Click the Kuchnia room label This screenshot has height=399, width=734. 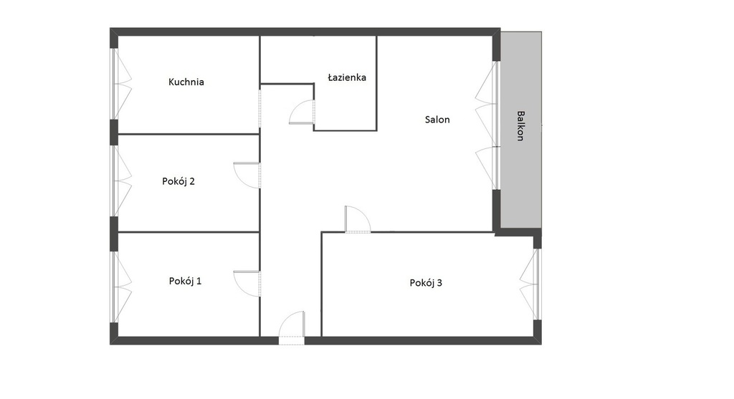(x=186, y=82)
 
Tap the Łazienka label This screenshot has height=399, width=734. (x=347, y=77)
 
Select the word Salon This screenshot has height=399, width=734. (x=437, y=120)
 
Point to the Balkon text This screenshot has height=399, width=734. (x=520, y=126)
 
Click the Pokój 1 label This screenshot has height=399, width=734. (x=186, y=281)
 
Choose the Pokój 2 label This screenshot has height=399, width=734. (x=178, y=181)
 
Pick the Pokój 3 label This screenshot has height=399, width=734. (x=426, y=282)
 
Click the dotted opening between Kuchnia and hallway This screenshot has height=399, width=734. (x=259, y=108)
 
